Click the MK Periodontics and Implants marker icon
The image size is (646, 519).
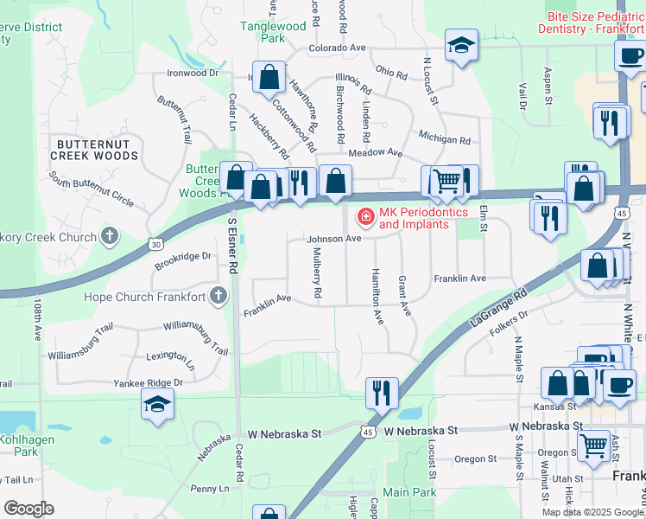coord(365,215)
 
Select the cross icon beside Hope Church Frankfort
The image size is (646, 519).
coord(218,297)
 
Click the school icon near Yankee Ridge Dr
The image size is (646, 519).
coord(157,405)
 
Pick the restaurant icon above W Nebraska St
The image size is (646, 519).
coord(381,393)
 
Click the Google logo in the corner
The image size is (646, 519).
coord(28,509)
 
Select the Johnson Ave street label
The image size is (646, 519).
coord(332,238)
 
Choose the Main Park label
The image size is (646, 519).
coord(409,492)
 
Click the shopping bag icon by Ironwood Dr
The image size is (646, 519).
coord(269,76)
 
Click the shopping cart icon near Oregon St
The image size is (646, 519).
coord(592,445)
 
